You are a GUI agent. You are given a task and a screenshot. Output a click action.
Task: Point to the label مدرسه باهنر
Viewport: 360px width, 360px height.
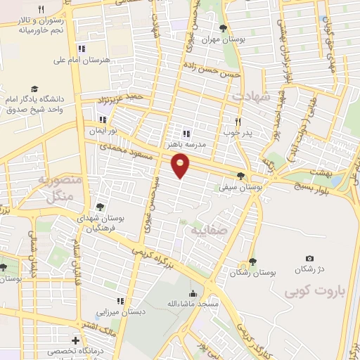[x=186, y=143]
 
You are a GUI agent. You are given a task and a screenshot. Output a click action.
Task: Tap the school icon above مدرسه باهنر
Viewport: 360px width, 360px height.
[x=186, y=132]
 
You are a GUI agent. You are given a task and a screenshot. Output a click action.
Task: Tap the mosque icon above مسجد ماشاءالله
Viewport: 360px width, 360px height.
[x=193, y=292]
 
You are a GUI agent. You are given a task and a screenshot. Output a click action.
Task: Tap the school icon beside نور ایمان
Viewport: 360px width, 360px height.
[x=103, y=119]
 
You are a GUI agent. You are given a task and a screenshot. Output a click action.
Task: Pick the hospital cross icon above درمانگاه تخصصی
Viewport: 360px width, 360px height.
[x=75, y=340]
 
